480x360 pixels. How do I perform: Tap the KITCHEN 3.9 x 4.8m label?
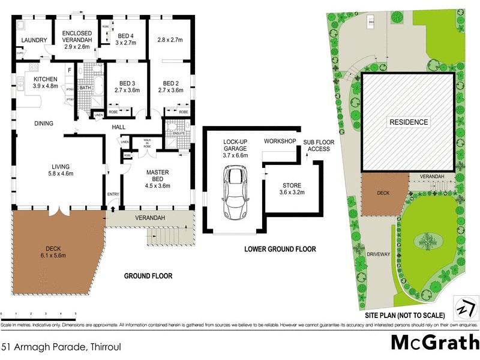click(45, 82)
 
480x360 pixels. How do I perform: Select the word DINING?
click(44, 124)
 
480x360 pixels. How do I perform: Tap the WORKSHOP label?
click(280, 141)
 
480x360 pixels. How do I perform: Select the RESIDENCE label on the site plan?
click(409, 122)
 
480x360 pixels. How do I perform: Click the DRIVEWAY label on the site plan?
click(379, 254)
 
